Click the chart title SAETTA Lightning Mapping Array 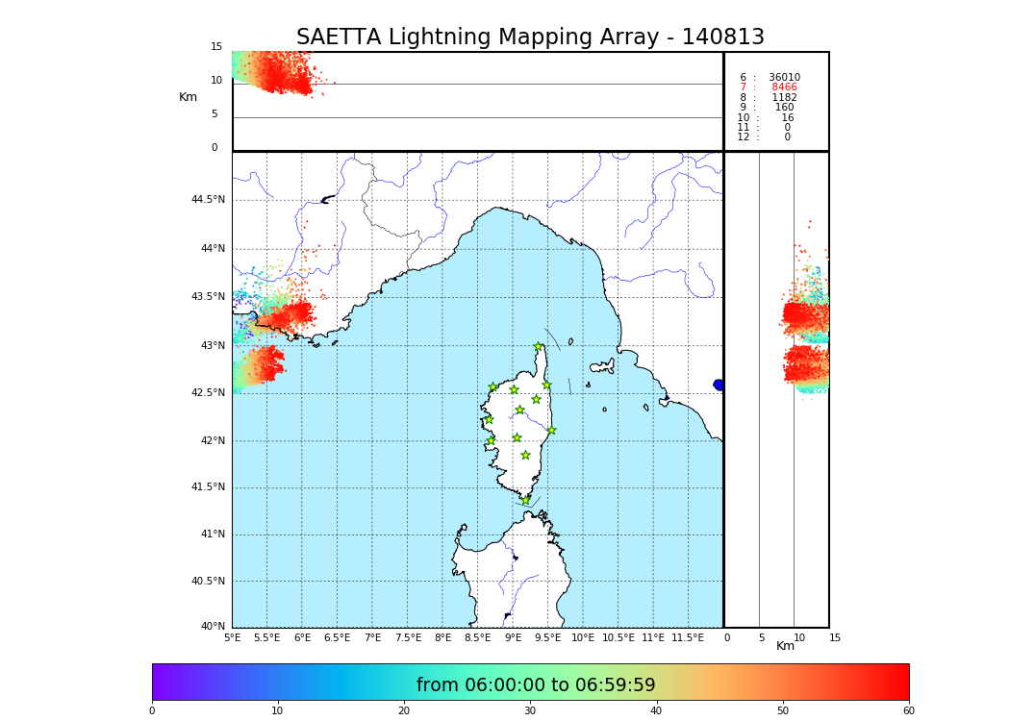[530, 37]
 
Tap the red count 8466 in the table [784, 87]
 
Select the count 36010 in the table [784, 78]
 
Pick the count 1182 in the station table [784, 98]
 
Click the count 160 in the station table [785, 108]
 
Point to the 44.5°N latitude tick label [207, 200]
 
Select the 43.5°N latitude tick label [207, 297]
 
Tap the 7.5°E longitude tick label [408, 637]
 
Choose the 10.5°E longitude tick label [619, 637]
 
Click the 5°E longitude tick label [232, 637]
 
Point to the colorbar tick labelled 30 [530, 711]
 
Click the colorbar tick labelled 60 [908, 711]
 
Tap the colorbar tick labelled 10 [278, 711]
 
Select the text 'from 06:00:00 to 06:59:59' [536, 685]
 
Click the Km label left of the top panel [188, 97]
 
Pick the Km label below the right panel [785, 646]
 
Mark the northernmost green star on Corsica [539, 347]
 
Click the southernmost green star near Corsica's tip [525, 500]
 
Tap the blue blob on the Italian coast [719, 385]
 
